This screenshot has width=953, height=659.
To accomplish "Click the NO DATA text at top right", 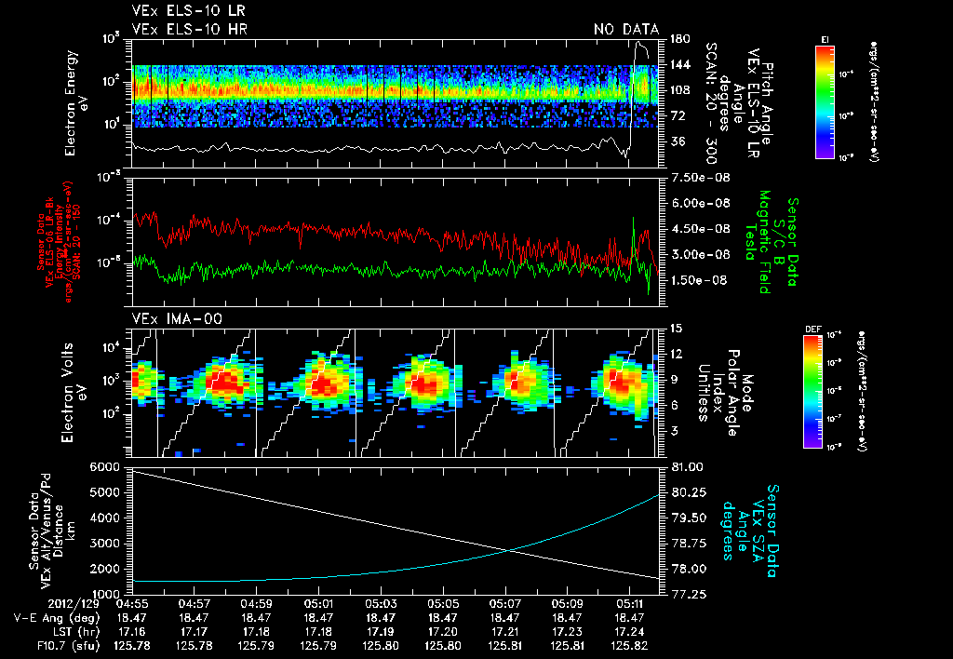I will coord(626,30).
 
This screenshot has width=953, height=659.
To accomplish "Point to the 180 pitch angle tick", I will coord(678,39).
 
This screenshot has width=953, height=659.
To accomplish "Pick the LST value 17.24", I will coord(629,630).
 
